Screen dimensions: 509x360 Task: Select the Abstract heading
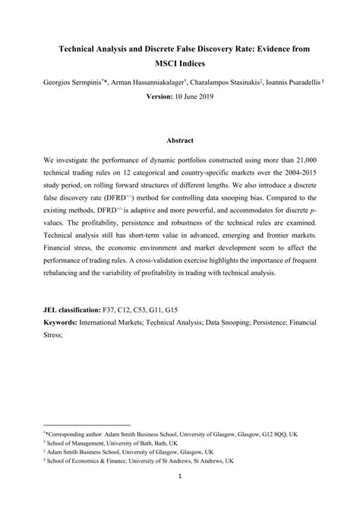179,141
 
